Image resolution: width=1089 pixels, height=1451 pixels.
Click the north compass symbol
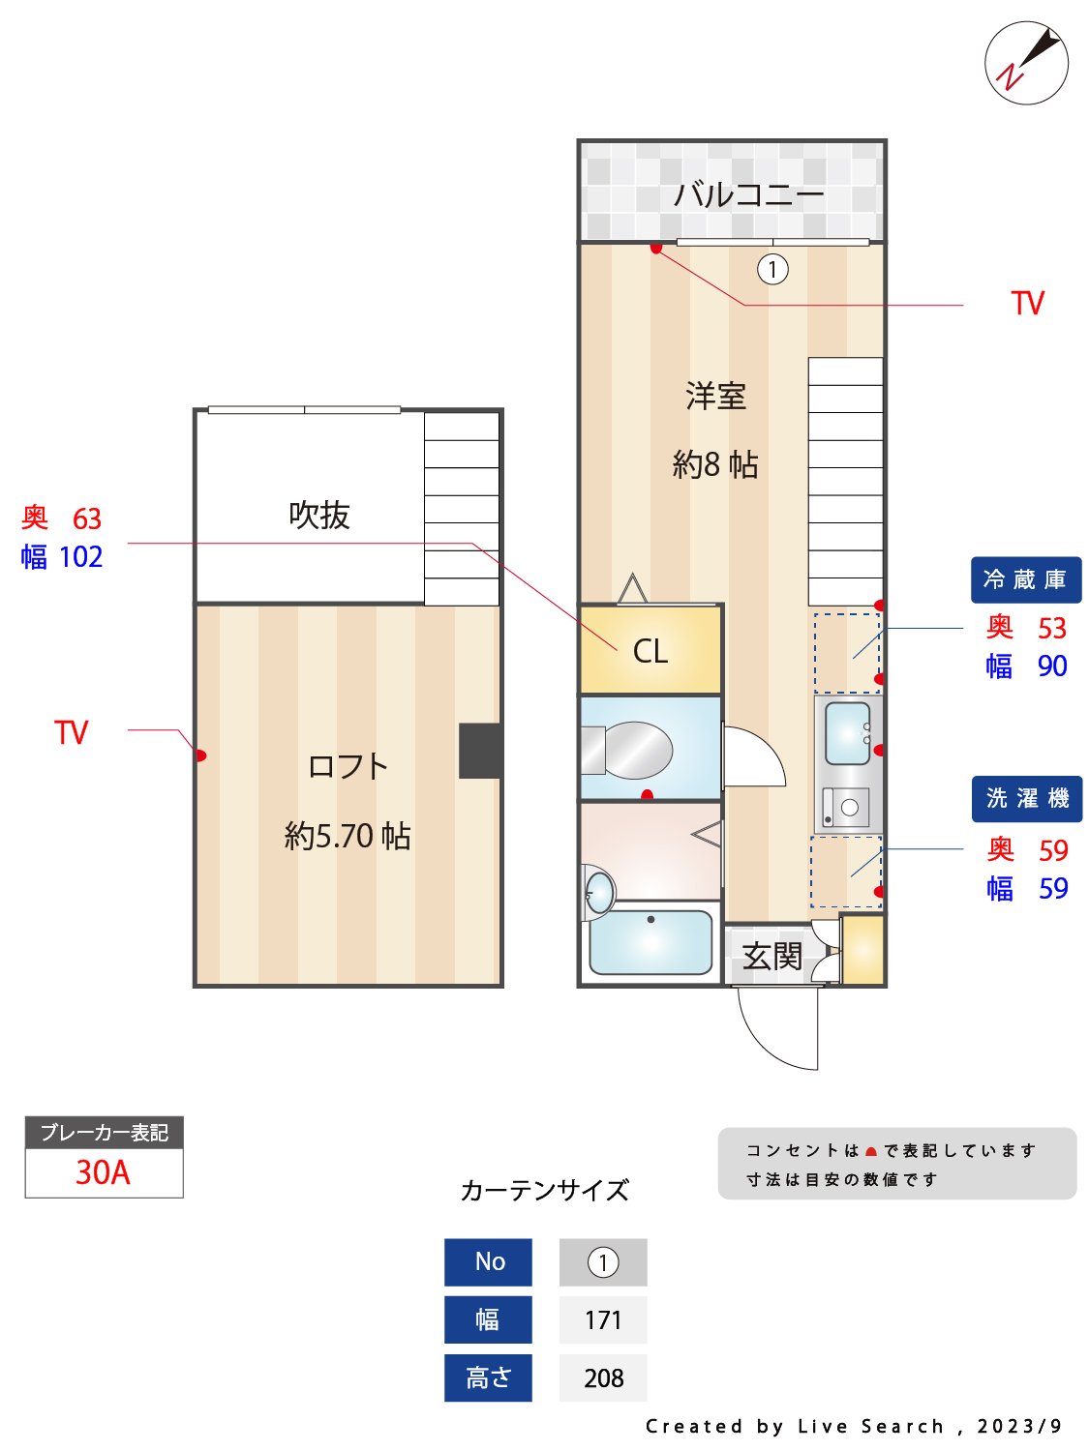[1026, 63]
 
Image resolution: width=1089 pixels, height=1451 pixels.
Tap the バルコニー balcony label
[748, 194]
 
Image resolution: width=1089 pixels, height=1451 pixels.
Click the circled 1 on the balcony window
[772, 269]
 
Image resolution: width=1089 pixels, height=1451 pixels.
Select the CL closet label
[650, 651]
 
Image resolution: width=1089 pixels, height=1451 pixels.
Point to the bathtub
[650, 942]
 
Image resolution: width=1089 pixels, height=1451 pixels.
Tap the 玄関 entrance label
[772, 957]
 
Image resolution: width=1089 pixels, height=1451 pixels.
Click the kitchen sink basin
[847, 732]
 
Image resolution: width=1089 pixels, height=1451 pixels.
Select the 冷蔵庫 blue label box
[1025, 579]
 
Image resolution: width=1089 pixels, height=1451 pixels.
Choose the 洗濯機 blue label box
[1026, 798]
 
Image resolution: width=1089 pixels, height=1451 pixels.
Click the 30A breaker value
[104, 1172]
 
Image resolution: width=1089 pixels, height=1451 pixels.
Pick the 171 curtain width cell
[603, 1319]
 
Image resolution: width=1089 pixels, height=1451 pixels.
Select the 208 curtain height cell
[603, 1377]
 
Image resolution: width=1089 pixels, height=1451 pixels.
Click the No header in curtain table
[489, 1261]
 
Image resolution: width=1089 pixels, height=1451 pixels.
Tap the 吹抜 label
[318, 515]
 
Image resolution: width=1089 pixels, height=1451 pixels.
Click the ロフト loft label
[348, 766]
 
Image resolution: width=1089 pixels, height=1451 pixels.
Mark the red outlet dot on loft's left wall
[201, 755]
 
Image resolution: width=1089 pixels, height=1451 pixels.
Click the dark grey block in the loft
[479, 751]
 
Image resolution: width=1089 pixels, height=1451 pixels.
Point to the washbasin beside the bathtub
[600, 890]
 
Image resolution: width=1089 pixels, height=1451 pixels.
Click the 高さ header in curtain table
[489, 1377]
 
